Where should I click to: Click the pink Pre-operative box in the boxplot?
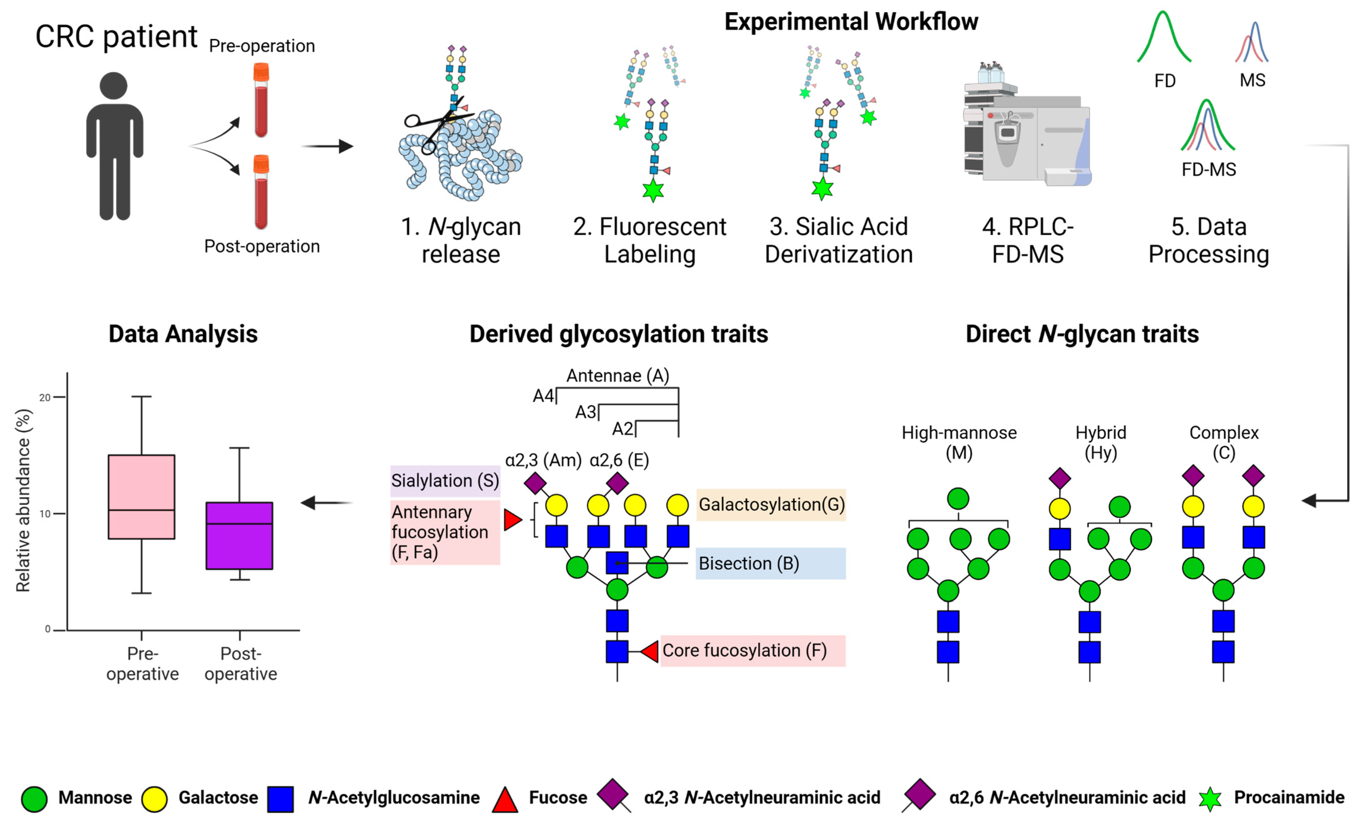(141, 497)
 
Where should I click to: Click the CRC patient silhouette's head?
(114, 86)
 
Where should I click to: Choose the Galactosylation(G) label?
(771, 504)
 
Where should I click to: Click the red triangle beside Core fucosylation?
(651, 652)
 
